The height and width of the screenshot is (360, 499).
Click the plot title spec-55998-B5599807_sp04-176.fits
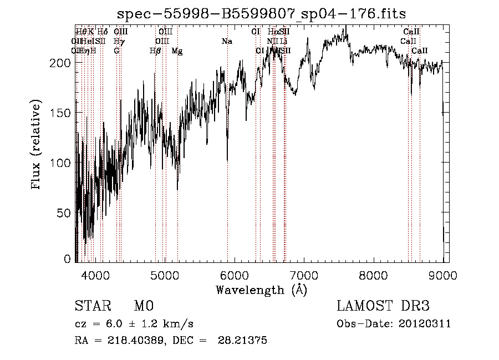point(262,14)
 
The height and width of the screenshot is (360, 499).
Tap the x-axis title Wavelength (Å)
point(262,290)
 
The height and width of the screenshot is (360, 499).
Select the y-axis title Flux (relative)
point(37,146)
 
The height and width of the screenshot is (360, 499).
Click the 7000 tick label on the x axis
point(304,275)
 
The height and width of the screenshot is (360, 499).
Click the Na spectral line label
point(227,42)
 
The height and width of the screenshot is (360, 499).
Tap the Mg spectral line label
point(177,51)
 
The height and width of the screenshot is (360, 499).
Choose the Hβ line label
point(155,51)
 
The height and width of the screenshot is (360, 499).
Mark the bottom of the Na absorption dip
point(227,160)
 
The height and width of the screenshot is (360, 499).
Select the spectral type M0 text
point(144,306)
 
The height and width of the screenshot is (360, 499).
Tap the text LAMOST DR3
point(383,306)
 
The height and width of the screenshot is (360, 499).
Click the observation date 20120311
point(426,324)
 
